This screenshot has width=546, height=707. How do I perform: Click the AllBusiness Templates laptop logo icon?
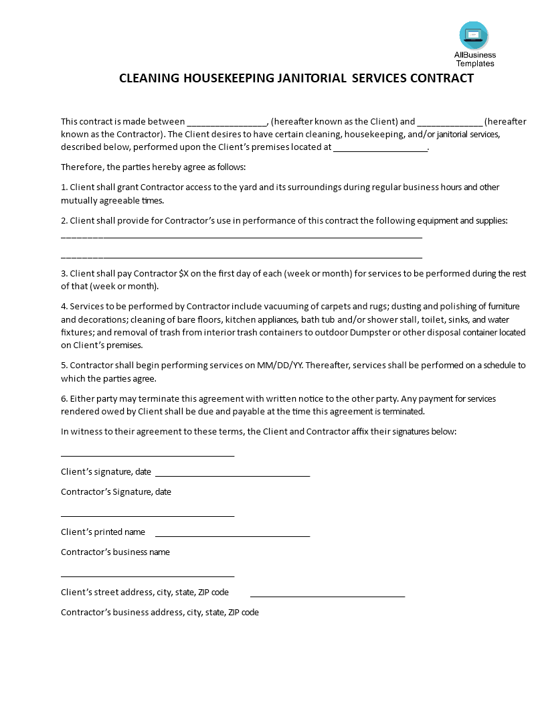click(474, 35)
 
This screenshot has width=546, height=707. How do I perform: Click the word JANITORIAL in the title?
click(310, 78)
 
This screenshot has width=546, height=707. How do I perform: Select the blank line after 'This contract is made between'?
click(227, 123)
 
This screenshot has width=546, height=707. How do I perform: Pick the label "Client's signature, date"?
click(106, 471)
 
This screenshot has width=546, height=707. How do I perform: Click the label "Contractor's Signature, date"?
click(116, 491)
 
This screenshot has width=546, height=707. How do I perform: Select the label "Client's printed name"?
click(103, 532)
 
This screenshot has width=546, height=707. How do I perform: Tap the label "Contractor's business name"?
click(115, 552)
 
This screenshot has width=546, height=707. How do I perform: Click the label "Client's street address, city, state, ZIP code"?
click(145, 592)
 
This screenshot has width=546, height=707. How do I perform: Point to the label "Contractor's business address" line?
click(159, 612)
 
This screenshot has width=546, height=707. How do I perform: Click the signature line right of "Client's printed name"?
click(232, 536)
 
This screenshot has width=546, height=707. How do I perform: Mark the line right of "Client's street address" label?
click(327, 596)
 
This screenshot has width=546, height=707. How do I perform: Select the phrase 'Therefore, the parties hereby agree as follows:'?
click(153, 167)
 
